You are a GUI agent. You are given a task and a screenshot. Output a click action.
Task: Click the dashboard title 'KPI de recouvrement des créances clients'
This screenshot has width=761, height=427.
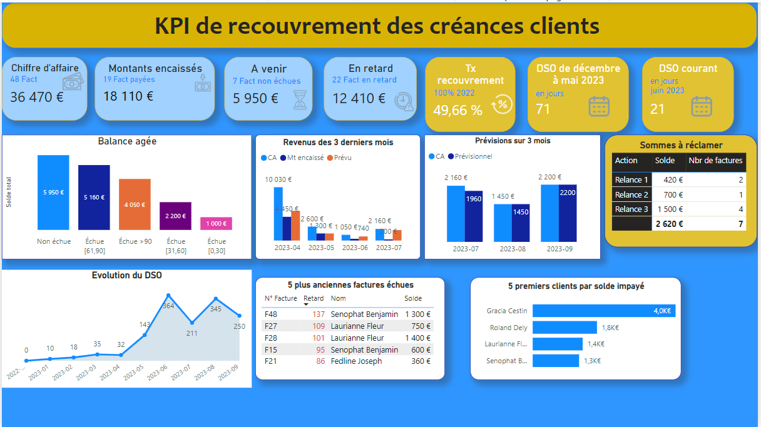tap(377, 26)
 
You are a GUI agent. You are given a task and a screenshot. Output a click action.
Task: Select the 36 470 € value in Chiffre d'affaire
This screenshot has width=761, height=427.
tap(37, 97)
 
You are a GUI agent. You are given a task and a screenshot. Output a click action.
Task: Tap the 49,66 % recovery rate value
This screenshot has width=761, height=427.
tap(457, 110)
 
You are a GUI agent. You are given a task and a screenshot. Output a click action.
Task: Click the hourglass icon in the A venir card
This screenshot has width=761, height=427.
tap(299, 99)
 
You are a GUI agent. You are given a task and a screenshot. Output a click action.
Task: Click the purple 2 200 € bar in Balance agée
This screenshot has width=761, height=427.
tap(175, 216)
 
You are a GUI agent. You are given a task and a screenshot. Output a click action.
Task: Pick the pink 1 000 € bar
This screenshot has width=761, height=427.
tap(216, 224)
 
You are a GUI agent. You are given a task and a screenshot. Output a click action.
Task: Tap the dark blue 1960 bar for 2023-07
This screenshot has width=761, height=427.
tap(473, 216)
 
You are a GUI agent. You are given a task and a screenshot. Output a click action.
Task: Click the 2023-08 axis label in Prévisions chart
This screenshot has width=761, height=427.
tap(512, 249)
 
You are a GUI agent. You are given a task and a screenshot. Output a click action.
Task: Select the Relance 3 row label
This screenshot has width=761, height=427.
tap(631, 209)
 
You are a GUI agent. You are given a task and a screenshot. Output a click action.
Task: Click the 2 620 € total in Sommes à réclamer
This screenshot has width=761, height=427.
tap(669, 224)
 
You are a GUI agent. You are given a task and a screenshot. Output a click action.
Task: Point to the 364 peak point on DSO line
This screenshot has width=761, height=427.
tap(168, 295)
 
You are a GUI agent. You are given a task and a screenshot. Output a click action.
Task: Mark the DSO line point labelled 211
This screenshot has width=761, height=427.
tap(192, 323)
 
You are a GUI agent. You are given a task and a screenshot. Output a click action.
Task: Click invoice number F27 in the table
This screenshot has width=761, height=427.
tap(271, 326)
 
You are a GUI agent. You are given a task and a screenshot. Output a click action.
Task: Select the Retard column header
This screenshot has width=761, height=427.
tap(314, 298)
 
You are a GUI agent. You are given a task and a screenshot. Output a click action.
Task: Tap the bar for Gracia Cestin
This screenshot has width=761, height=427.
tap(604, 311)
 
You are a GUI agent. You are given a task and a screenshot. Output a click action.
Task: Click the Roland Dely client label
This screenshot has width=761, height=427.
tap(508, 328)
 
